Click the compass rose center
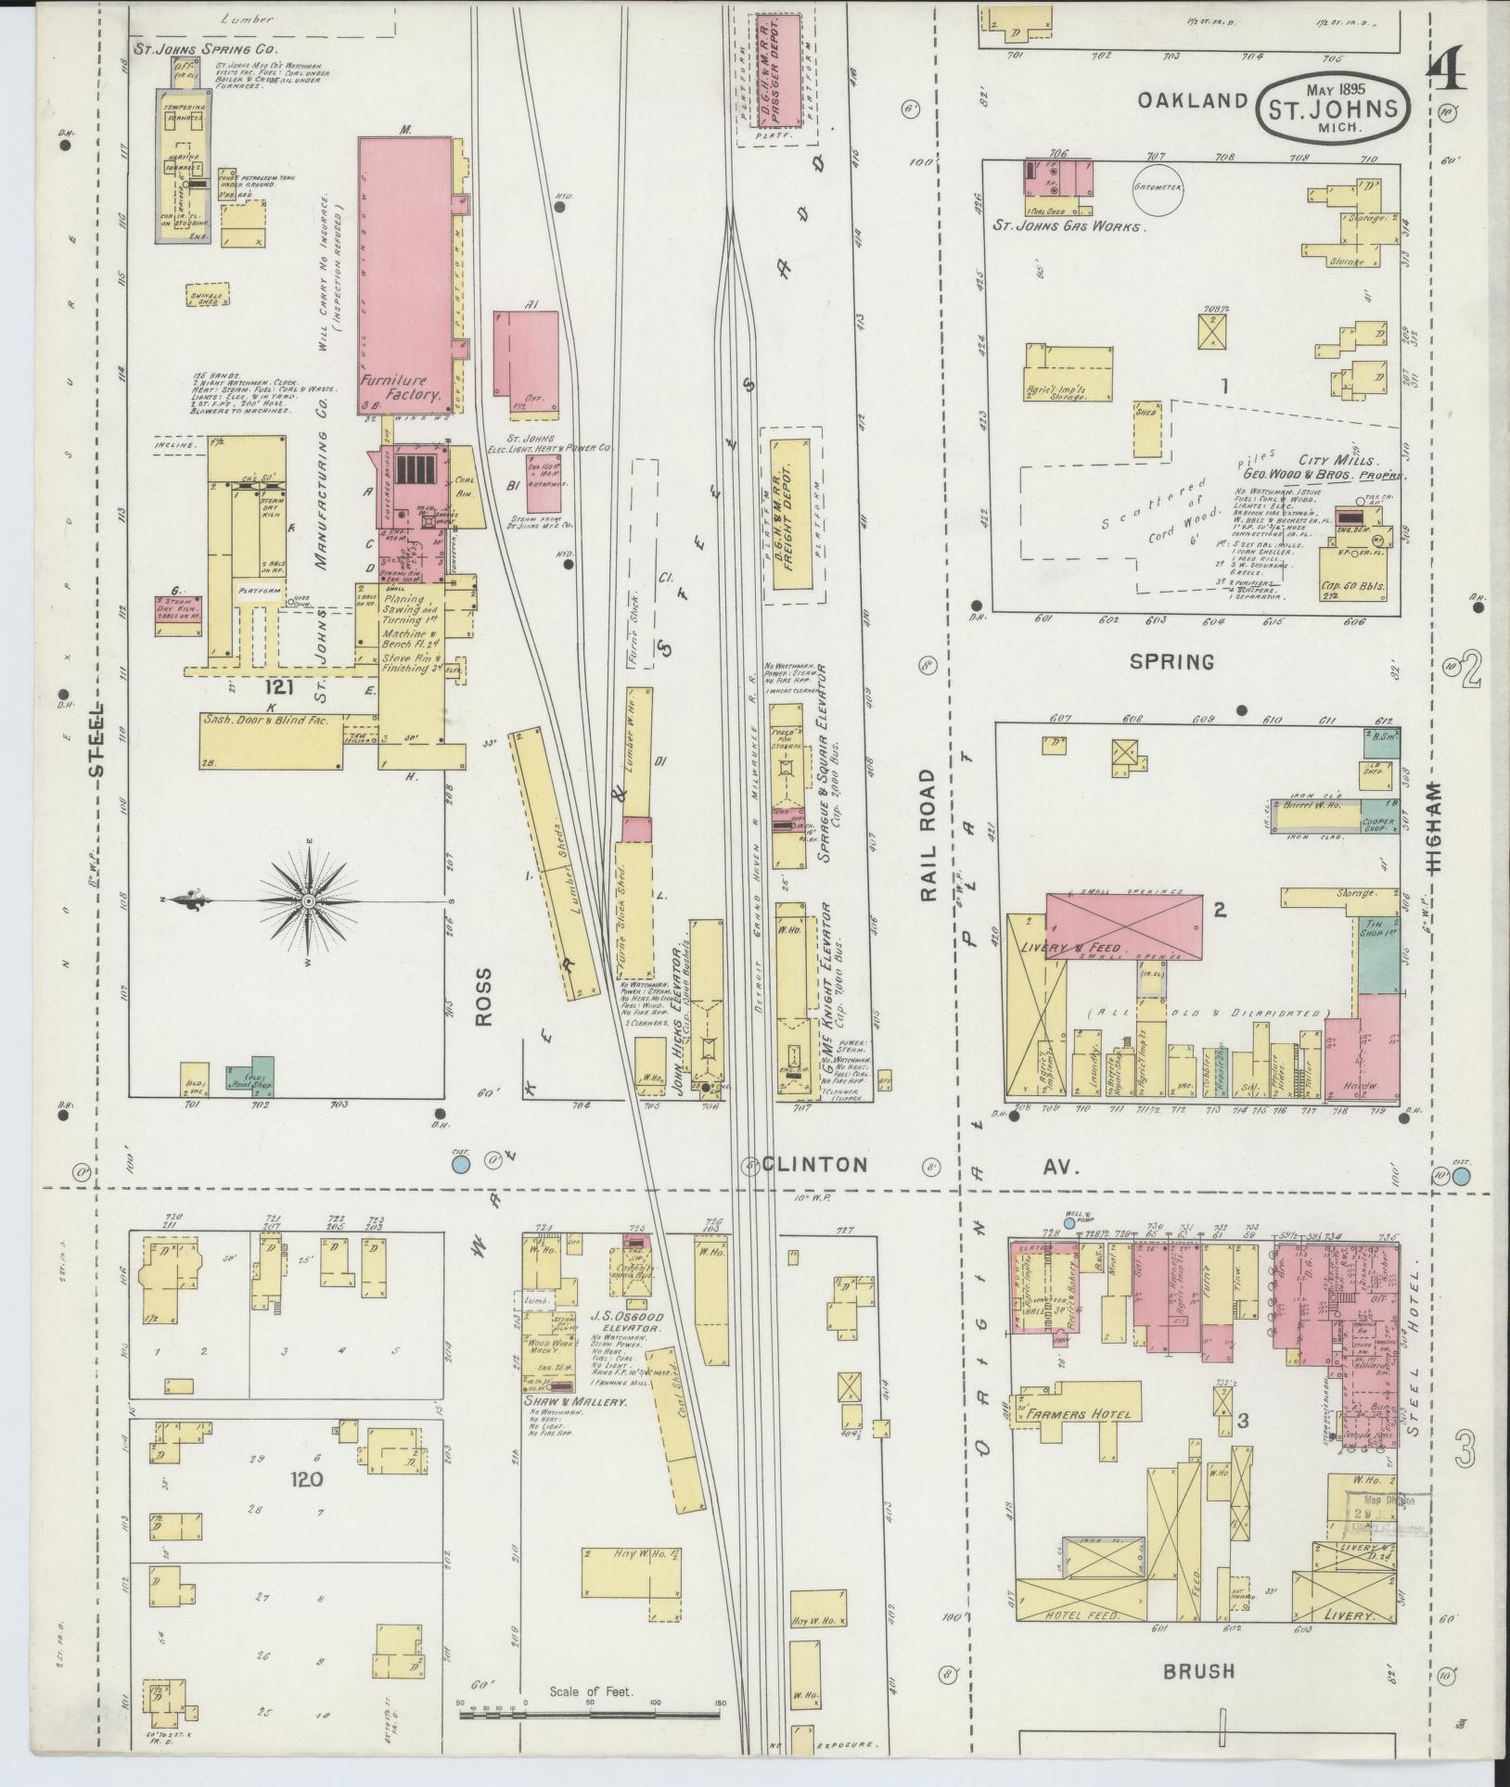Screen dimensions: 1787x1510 308,900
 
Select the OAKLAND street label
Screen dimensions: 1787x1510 1193,100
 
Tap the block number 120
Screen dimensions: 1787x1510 307,1478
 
